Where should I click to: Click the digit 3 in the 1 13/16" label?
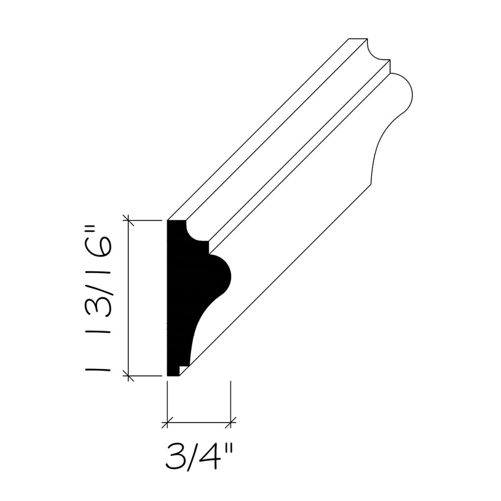click(99, 302)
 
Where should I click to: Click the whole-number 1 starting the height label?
click(99, 369)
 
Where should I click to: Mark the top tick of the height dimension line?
click(128, 220)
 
